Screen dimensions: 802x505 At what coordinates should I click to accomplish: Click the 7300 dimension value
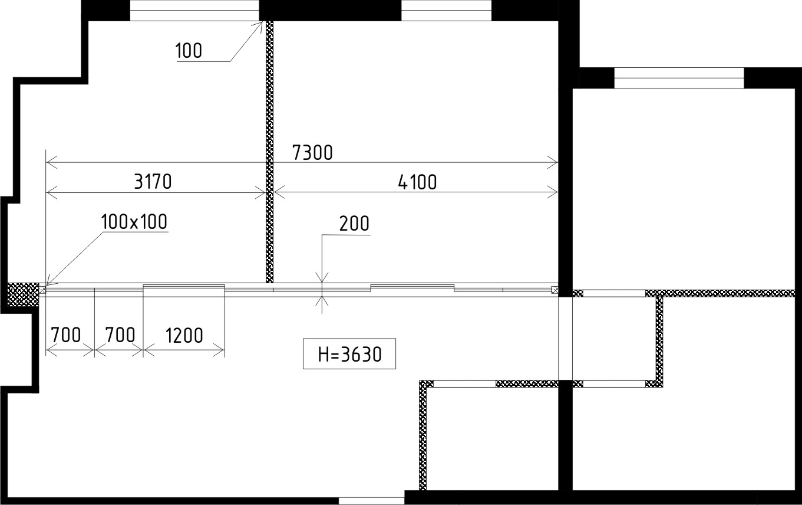click(x=312, y=153)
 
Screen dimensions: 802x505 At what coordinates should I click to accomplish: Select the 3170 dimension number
click(x=153, y=182)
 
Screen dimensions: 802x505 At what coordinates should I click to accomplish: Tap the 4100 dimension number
click(x=417, y=182)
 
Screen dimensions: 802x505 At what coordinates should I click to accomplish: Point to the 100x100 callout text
click(x=134, y=222)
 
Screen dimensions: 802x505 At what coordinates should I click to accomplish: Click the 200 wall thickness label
click(x=354, y=224)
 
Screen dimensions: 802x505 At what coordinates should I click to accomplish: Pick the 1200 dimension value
click(x=184, y=336)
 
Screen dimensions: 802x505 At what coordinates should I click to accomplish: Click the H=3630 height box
click(x=349, y=354)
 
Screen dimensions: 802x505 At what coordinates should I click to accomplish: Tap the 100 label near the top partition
click(x=189, y=51)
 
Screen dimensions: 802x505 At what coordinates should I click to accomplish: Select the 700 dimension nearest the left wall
click(x=66, y=336)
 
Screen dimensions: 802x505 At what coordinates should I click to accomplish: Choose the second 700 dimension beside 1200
click(x=120, y=336)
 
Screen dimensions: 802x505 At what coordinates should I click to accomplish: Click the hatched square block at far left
click(x=23, y=294)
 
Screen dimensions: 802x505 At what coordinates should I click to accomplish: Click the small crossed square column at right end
click(x=555, y=290)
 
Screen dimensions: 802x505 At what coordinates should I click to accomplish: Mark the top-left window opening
click(x=194, y=11)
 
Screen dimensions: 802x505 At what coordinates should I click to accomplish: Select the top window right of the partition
click(x=446, y=11)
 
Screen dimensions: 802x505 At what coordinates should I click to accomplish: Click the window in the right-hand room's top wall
click(x=679, y=78)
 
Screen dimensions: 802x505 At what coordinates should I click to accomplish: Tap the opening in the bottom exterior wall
click(x=372, y=501)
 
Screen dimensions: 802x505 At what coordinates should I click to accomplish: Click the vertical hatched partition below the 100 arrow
click(x=270, y=152)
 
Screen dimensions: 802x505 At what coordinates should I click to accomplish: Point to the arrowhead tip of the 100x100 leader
click(x=46, y=286)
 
